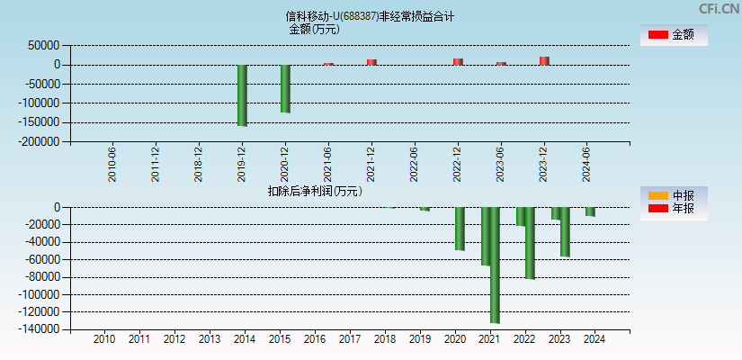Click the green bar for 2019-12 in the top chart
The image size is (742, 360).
pos(242,94)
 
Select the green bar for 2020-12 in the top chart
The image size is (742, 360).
pos(285,88)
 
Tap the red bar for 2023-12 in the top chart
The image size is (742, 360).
pos(544,60)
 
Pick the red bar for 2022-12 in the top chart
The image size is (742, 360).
pos(458,61)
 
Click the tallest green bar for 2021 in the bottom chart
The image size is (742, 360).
pos(495,265)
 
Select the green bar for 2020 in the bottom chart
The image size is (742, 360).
pos(460,229)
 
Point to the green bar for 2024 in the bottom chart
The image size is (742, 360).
pos(590,211)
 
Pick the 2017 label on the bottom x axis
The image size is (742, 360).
pos(349,340)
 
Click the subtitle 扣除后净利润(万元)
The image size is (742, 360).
pos(315,191)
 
